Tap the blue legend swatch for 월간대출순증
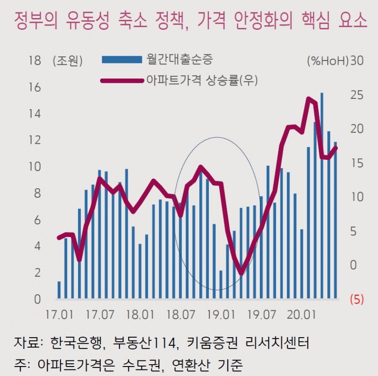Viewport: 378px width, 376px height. click(x=122, y=59)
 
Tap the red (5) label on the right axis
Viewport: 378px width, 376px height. click(x=356, y=299)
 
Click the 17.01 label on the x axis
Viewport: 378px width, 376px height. click(x=59, y=314)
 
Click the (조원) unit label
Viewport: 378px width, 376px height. click(x=68, y=61)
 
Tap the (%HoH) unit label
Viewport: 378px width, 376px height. click(x=327, y=61)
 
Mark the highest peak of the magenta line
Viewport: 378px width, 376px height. click(x=309, y=98)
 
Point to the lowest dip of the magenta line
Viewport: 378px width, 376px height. click(x=241, y=273)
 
